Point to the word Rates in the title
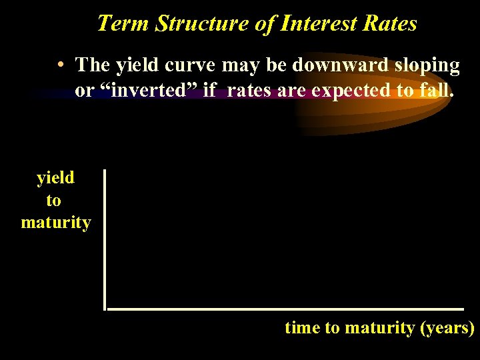[x=390, y=23]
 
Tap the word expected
[x=351, y=91]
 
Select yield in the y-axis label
[x=55, y=178]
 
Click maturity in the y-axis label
[x=56, y=222]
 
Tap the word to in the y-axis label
[x=53, y=200]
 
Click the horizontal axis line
[x=285, y=309]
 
